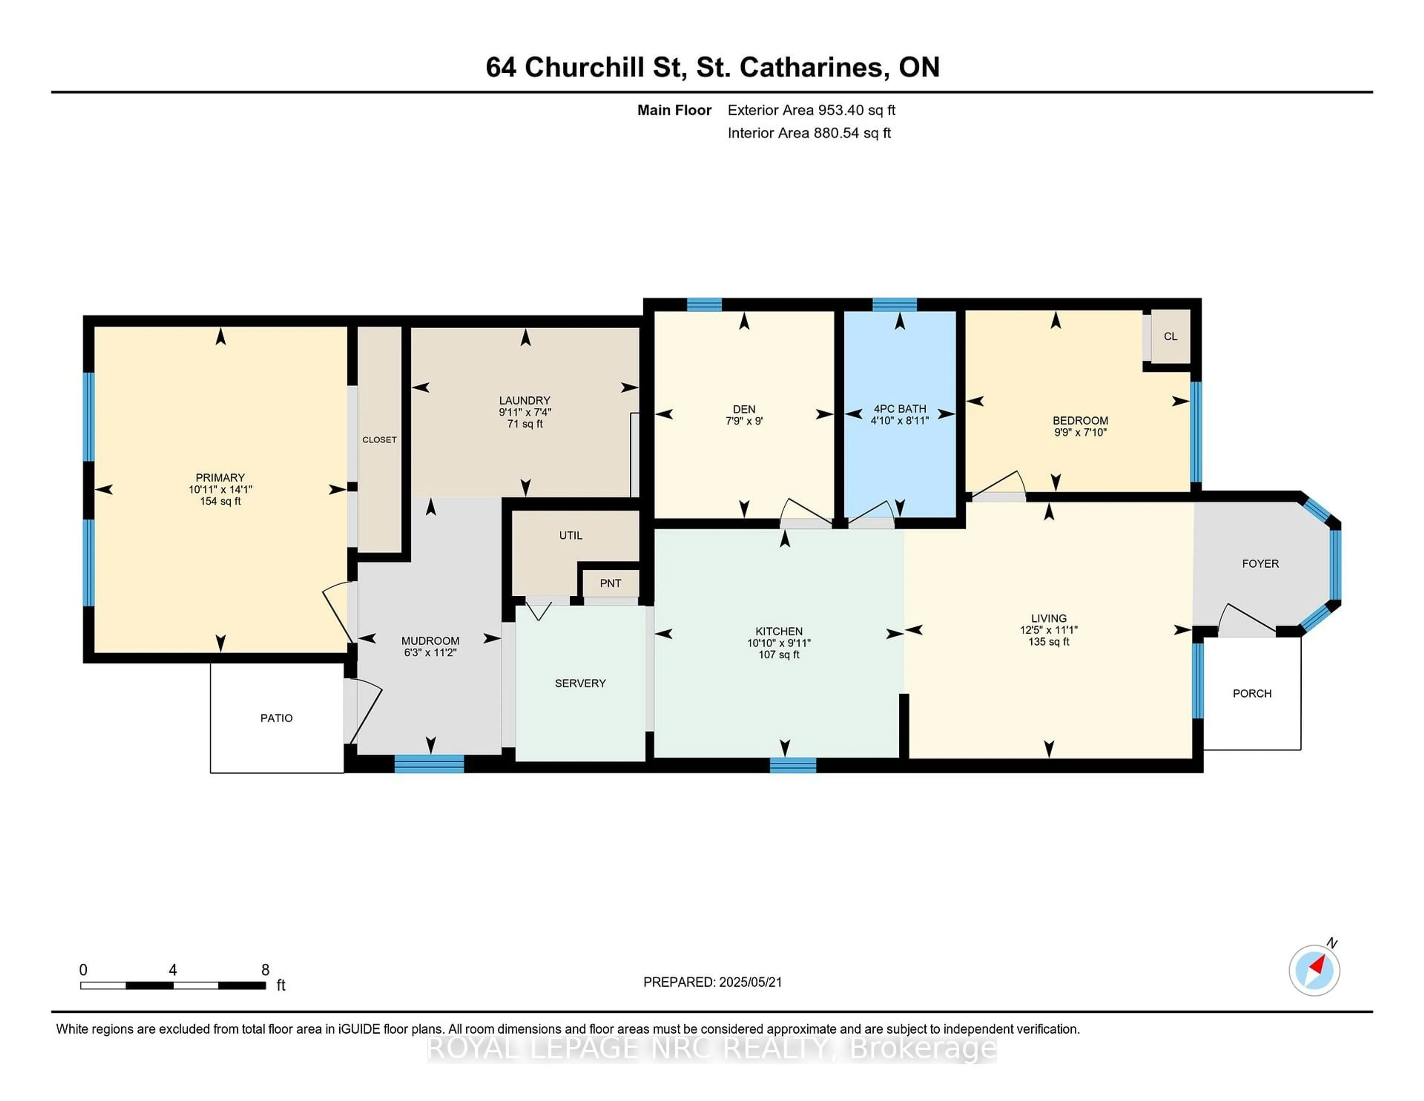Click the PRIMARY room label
tap(220, 477)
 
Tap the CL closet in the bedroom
tap(1170, 336)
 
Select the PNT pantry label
tap(610, 583)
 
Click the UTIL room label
tap(570, 536)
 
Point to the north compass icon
tap(1314, 970)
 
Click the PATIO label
tap(276, 718)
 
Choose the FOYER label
tap(1260, 563)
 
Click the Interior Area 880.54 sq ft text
tap(809, 133)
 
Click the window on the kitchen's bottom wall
tap(793, 765)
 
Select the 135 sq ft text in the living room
tap(1048, 642)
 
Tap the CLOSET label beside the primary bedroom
tap(379, 440)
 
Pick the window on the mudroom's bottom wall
tap(429, 764)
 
